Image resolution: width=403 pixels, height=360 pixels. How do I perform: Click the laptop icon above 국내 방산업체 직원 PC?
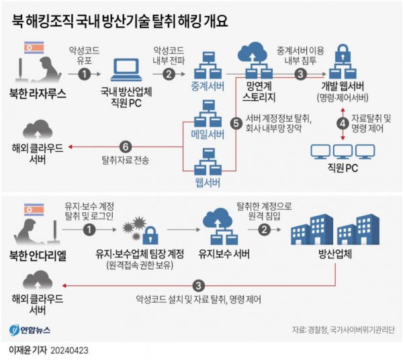(x=126, y=70)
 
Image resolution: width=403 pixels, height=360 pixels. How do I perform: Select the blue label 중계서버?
(x=208, y=87)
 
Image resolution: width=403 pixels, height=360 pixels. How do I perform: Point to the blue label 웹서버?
(x=208, y=183)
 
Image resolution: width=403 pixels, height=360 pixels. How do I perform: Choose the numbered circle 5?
(x=236, y=123)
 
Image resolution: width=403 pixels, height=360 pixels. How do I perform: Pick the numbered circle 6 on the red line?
(x=126, y=147)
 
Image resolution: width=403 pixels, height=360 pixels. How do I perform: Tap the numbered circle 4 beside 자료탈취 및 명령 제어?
(x=343, y=124)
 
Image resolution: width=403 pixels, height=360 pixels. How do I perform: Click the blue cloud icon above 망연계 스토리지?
(x=253, y=52)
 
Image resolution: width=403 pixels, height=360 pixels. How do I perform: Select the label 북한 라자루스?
(x=38, y=93)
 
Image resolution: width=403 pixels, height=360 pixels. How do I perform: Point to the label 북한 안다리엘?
(x=38, y=255)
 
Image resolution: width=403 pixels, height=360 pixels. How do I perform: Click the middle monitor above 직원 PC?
(x=343, y=152)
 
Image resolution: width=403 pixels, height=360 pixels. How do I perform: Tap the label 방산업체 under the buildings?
(x=335, y=255)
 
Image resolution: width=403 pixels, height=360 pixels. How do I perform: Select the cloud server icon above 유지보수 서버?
(x=221, y=226)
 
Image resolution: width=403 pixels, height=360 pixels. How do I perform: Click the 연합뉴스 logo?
(x=30, y=330)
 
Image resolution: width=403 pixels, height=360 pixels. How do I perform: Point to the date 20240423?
(x=69, y=351)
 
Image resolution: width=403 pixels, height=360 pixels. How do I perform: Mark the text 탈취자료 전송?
(x=126, y=161)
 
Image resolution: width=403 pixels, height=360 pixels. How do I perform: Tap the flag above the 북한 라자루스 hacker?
(x=34, y=48)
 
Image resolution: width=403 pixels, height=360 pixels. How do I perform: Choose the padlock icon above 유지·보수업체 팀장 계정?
(x=150, y=235)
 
